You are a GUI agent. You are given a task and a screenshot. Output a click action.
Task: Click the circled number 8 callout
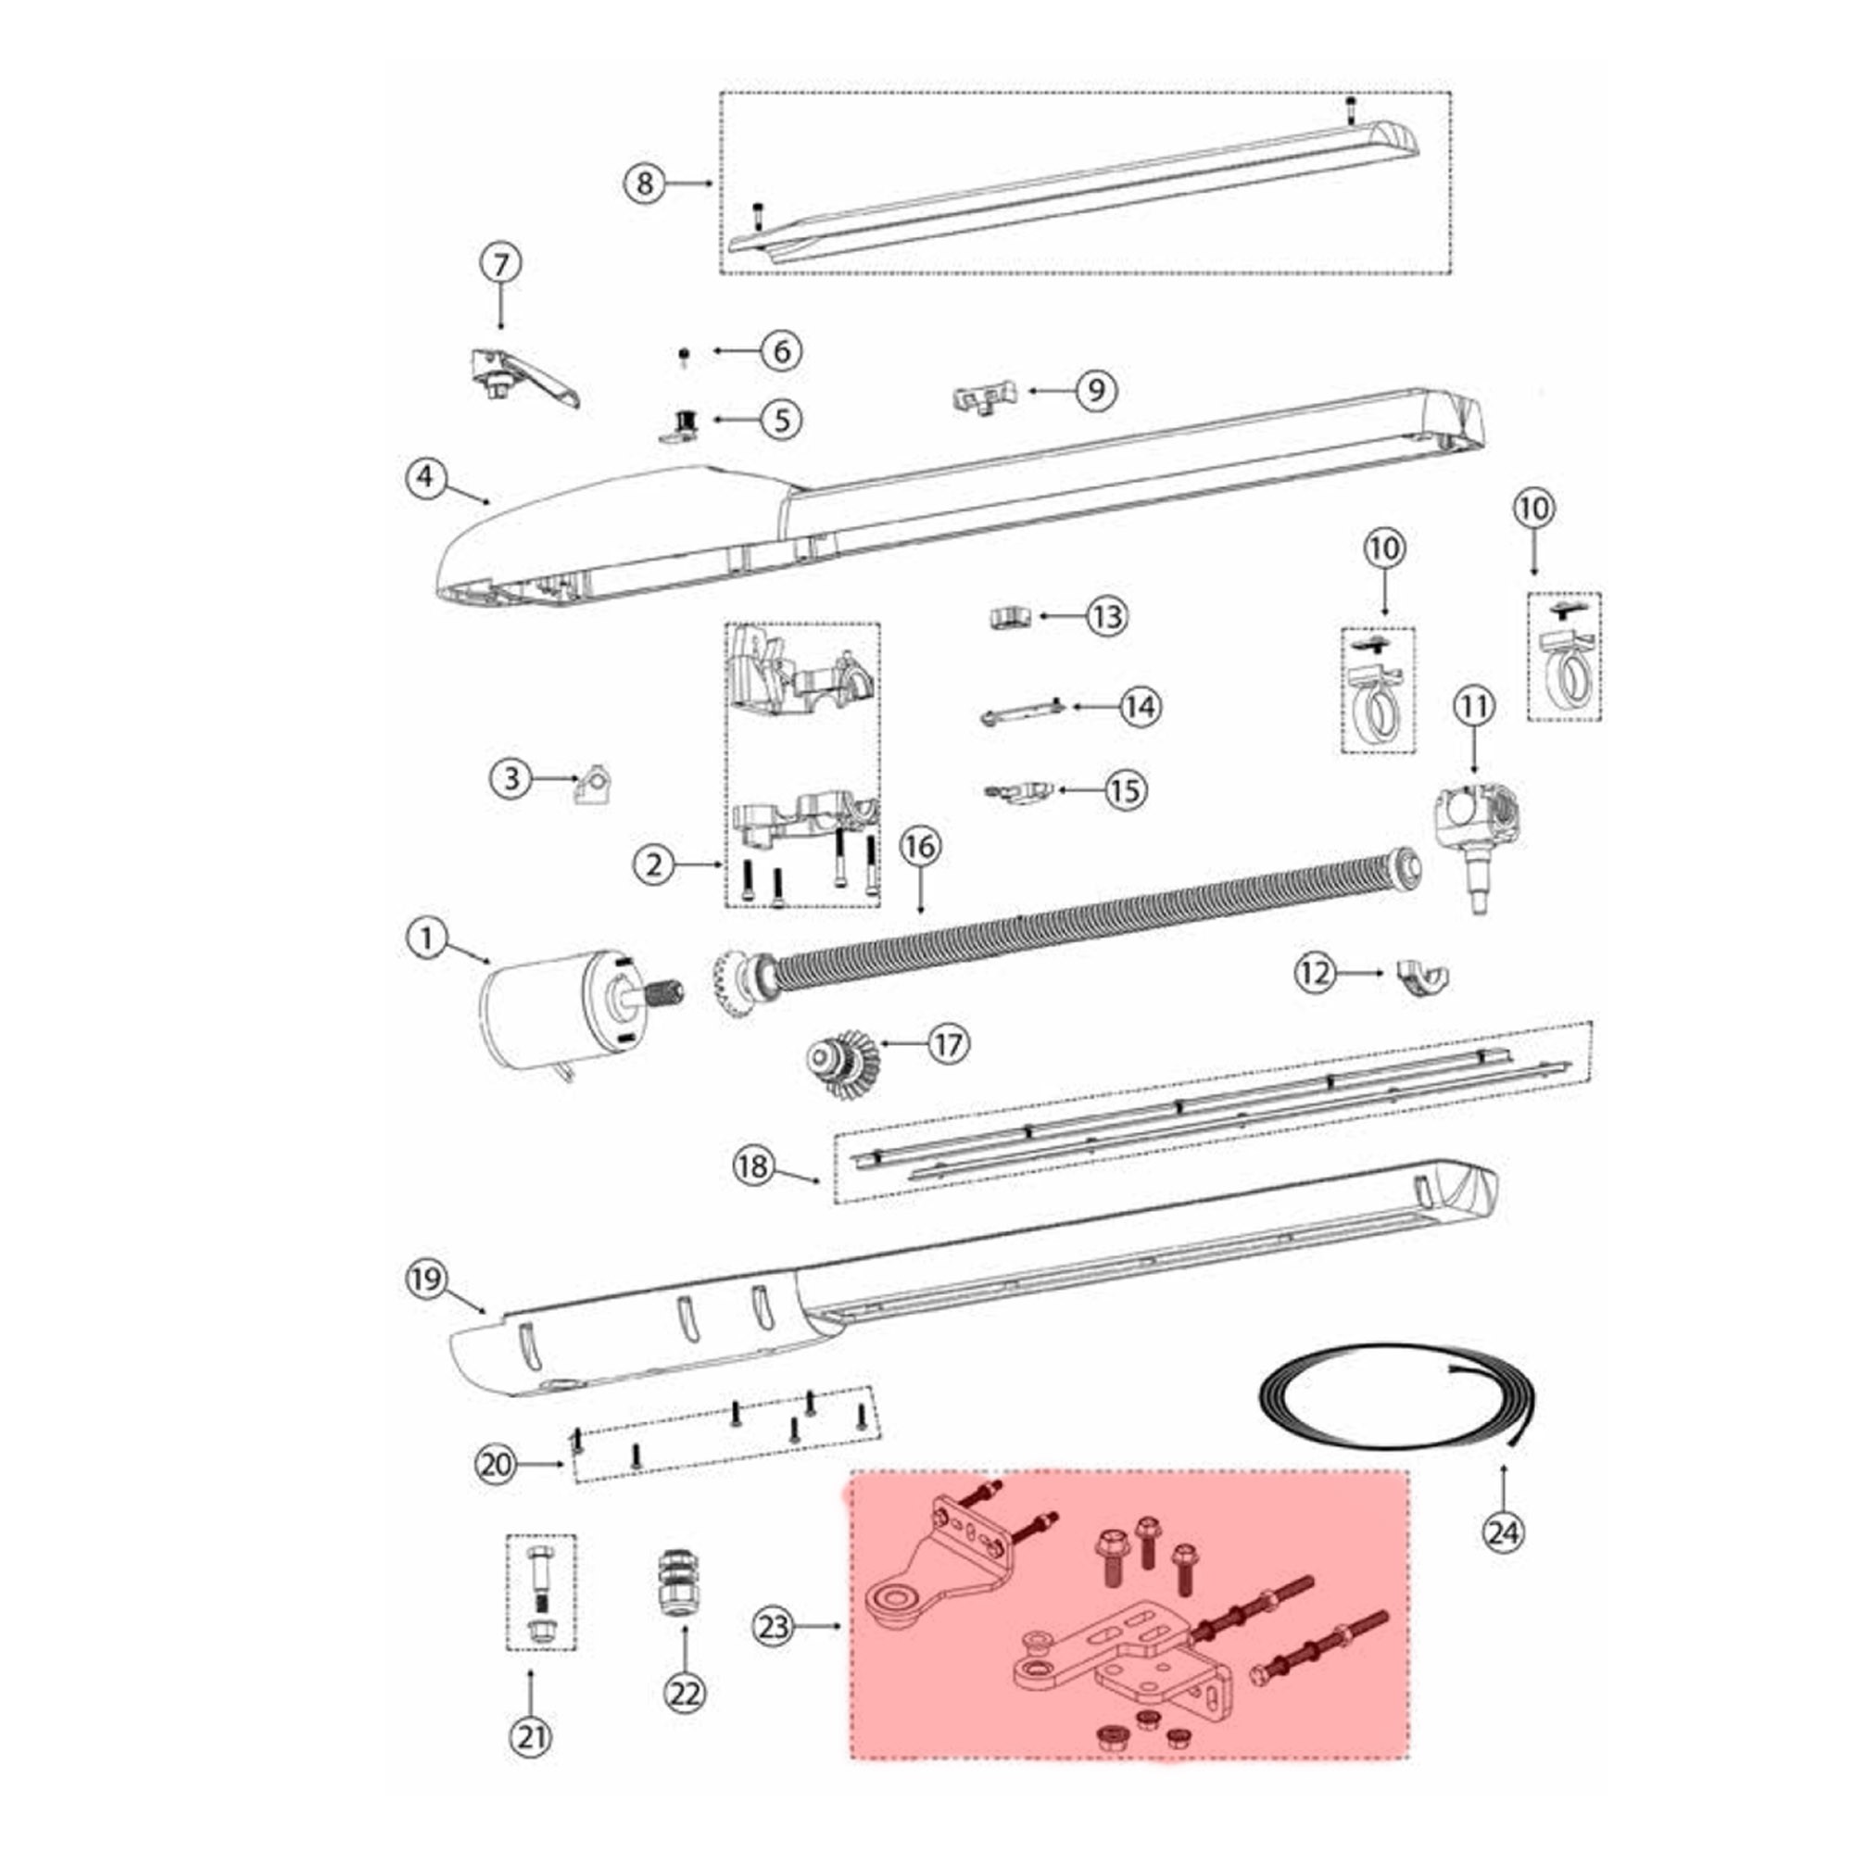645,183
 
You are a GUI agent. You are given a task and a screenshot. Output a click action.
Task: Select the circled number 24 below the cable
1503,1532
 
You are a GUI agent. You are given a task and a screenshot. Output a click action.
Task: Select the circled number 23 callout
775,1626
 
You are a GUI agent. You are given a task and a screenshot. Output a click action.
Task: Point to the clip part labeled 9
983,398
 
